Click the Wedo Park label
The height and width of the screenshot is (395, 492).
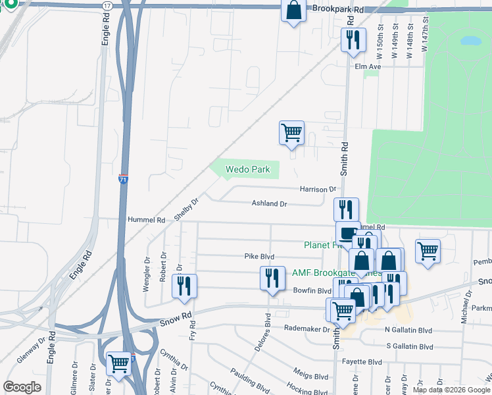[x=247, y=169]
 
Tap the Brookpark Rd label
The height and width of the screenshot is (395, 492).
[x=338, y=9]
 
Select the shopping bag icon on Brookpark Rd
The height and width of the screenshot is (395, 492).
[x=293, y=11]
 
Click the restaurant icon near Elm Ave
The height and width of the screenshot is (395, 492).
[x=353, y=41]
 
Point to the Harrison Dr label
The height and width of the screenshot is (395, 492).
[x=318, y=189]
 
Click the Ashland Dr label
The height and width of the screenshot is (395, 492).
[x=269, y=204]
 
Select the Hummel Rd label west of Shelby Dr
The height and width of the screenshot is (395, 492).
[x=146, y=219]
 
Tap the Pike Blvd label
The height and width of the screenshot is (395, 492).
[x=259, y=256]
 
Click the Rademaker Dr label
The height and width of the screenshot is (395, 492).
[x=307, y=328]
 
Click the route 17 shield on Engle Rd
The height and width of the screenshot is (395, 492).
[x=107, y=5]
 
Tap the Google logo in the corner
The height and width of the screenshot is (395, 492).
[x=22, y=387]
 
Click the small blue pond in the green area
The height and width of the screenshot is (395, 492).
[x=471, y=41]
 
